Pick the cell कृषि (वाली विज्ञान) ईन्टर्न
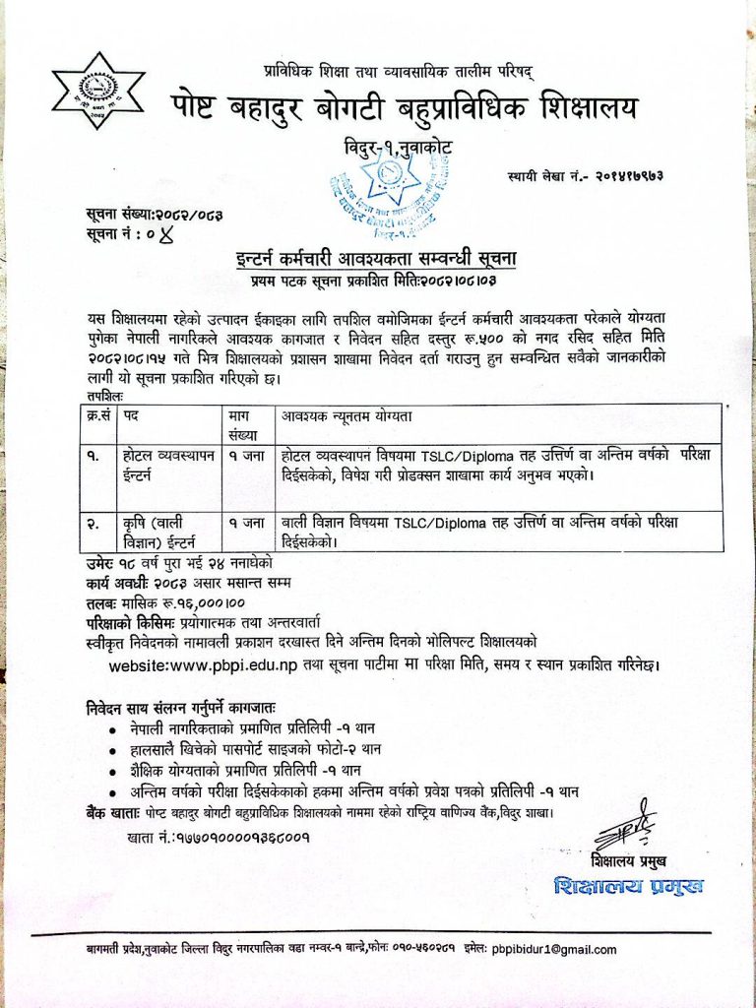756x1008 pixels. (x=159, y=530)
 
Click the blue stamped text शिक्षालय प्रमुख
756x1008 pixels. (x=629, y=885)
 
